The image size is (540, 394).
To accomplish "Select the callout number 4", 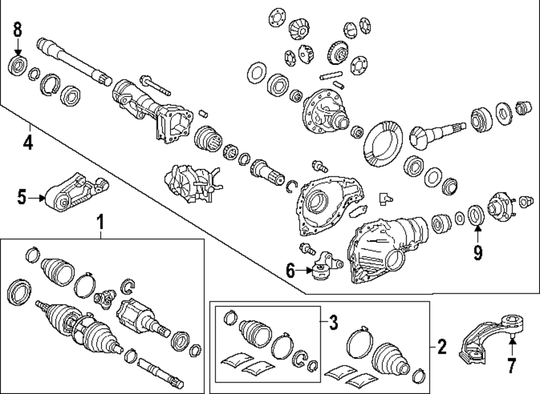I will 28,143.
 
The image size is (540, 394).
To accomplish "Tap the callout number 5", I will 22,198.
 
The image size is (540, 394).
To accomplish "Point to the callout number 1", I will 100,221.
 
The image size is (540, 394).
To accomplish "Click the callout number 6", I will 291,271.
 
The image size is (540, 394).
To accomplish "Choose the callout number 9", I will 478,252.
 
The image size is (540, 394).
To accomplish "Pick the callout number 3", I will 333,323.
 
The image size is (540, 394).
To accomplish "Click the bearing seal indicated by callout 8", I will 18,67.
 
